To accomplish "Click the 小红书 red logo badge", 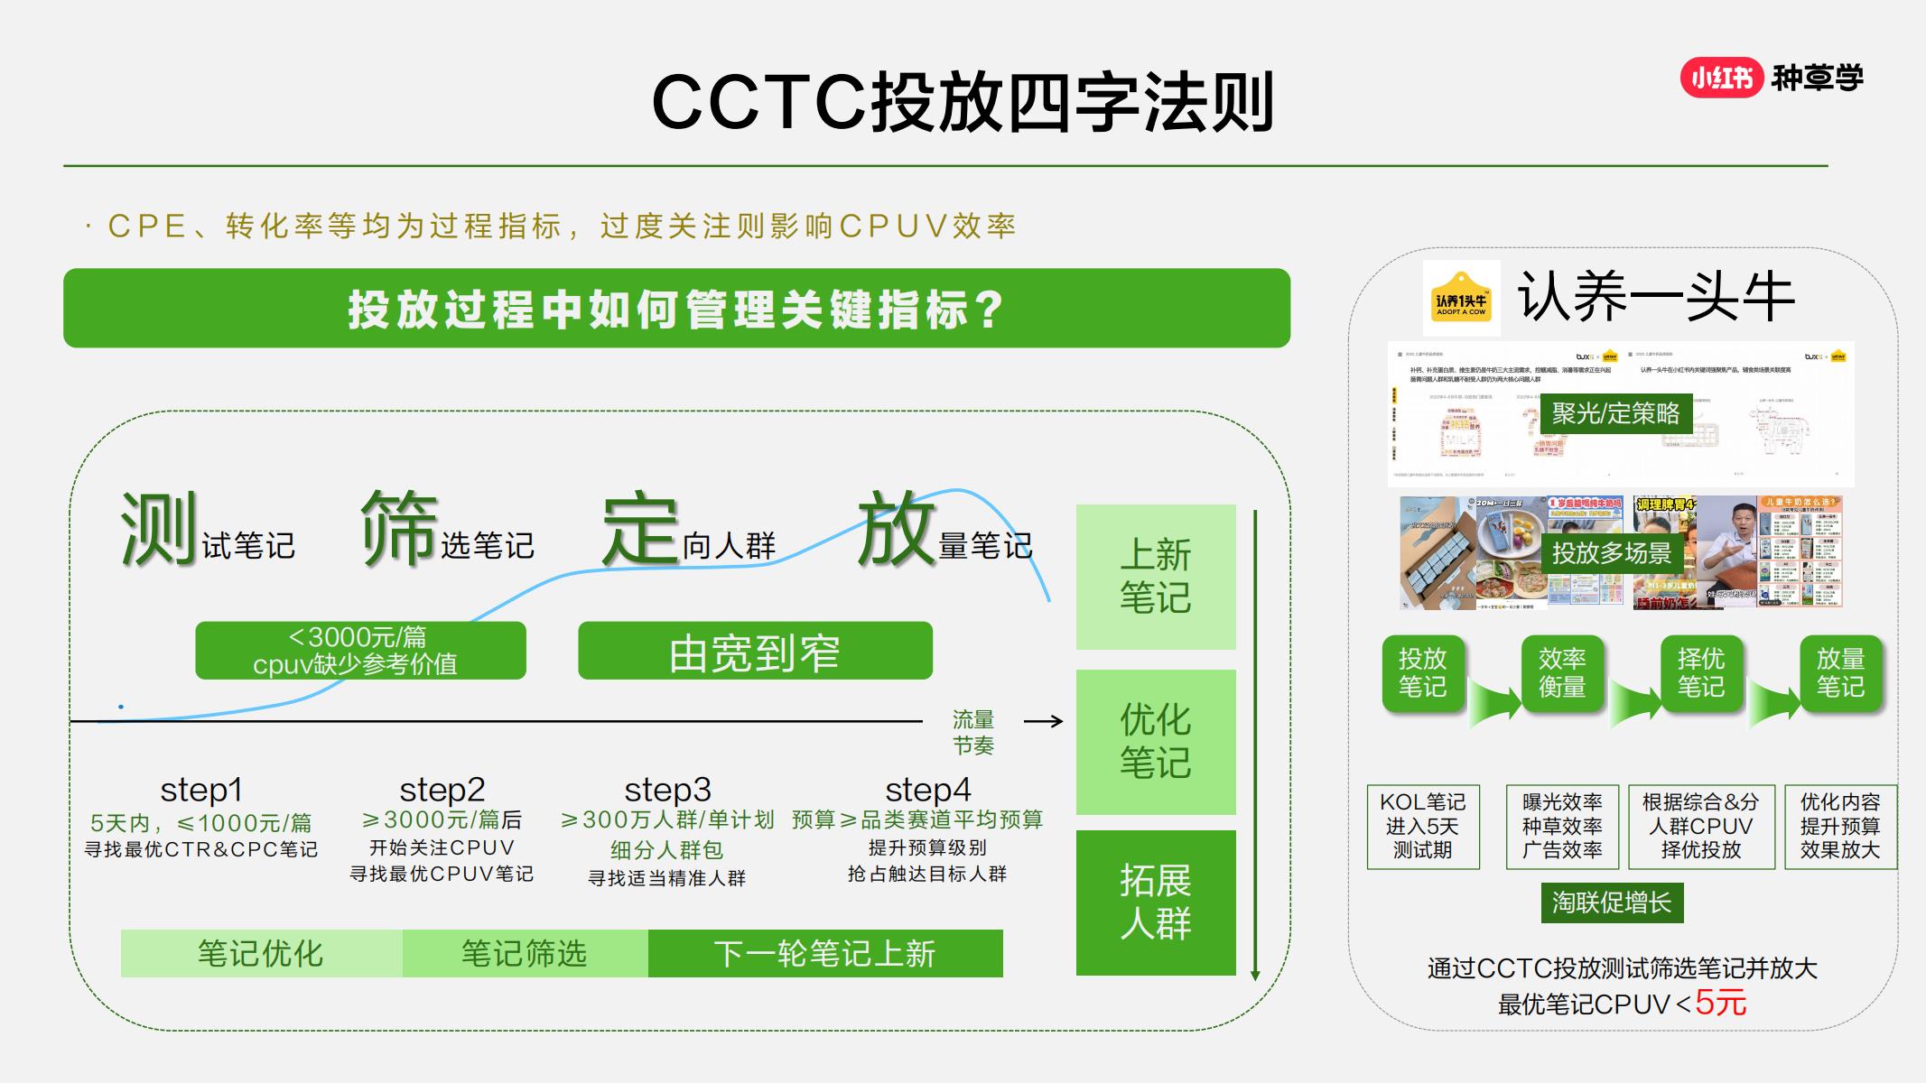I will [x=1720, y=79].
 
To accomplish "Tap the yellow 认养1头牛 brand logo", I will [x=1461, y=299].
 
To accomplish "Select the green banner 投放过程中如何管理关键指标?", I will [x=676, y=309].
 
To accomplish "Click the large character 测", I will [x=158, y=531].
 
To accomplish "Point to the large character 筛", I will [x=398, y=531].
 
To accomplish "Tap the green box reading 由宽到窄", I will [x=755, y=652].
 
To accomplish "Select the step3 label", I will [x=667, y=790].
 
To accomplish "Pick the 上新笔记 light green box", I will [x=1155, y=577].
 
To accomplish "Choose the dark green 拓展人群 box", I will [x=1155, y=902].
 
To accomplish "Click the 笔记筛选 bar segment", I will [x=525, y=954].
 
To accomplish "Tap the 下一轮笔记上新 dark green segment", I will [x=824, y=954].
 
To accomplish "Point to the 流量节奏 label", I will [x=972, y=733].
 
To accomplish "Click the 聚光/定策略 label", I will [x=1615, y=413].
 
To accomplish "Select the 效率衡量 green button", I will [x=1561, y=673].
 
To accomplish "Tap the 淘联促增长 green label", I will [x=1612, y=902].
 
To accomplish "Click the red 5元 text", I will [x=1720, y=1003].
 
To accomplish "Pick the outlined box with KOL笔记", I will [x=1423, y=827].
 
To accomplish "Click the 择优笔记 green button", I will [x=1700, y=673].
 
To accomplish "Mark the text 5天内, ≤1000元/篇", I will [x=200, y=823].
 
